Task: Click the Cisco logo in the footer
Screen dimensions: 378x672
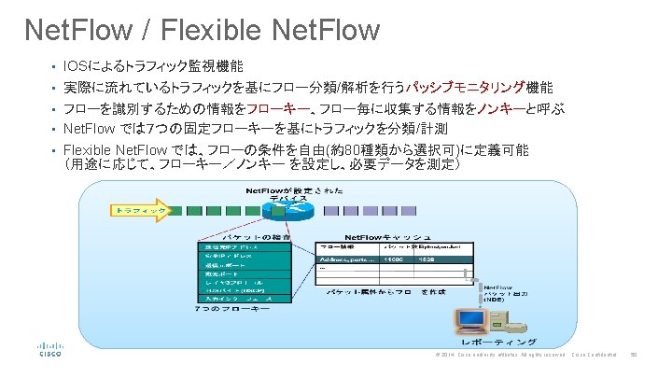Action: pos(50,350)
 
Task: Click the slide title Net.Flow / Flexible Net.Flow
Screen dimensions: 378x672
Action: pos(203,29)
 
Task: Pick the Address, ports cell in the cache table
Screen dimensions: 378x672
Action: pos(346,260)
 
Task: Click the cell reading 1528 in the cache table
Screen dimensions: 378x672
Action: pos(426,260)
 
